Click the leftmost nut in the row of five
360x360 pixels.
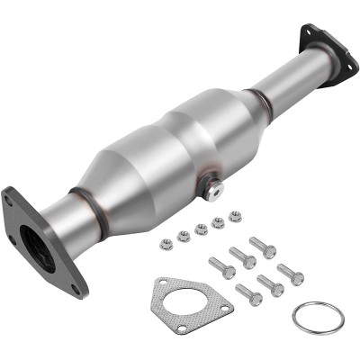166,243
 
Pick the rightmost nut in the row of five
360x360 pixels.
235,216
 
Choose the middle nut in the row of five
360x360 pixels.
202,229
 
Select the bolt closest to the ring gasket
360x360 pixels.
291,274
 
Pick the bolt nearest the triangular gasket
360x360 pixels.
221,267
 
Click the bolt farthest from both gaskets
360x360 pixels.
263,246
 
